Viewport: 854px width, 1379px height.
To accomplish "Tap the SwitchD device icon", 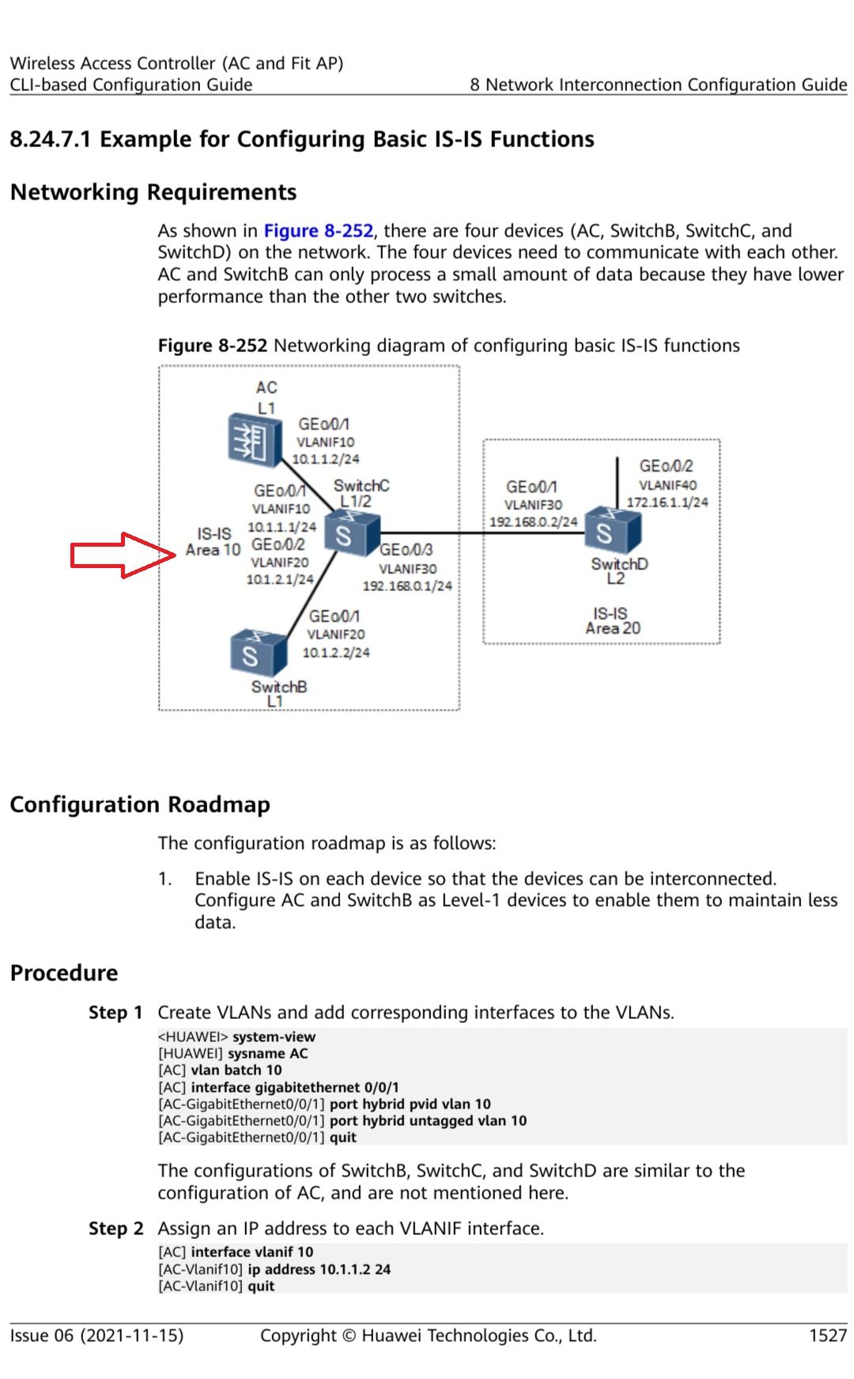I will (611, 531).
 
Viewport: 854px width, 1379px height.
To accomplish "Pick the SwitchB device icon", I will (257, 654).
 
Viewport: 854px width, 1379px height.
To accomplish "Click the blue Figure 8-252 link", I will (318, 231).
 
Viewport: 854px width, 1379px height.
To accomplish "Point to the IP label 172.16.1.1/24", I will (667, 502).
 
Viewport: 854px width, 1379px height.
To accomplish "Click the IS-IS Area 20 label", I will (612, 621).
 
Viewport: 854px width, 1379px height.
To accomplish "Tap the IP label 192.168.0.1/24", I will (407, 586).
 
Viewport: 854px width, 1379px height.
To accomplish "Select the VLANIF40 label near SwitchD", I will (667, 485).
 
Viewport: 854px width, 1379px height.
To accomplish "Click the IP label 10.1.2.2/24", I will (336, 653).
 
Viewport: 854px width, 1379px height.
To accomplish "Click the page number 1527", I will (827, 1335).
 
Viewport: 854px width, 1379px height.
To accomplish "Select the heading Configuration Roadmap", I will (140, 805).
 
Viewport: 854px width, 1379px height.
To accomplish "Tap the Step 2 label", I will (115, 1229).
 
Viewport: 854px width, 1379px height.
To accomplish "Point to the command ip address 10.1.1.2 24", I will (319, 1269).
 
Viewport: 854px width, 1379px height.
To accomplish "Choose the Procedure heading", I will (64, 973).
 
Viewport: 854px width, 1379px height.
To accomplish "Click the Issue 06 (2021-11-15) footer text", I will (96, 1335).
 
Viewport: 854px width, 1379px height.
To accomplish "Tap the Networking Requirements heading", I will (153, 192).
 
